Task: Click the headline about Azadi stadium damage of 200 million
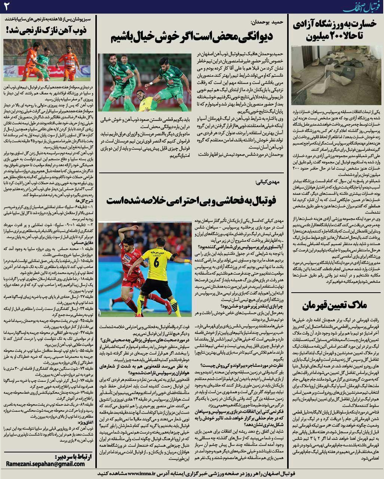tap(336, 31)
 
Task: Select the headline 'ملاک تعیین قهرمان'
tap(336, 305)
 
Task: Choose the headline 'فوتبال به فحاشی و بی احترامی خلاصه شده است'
tap(191, 200)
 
